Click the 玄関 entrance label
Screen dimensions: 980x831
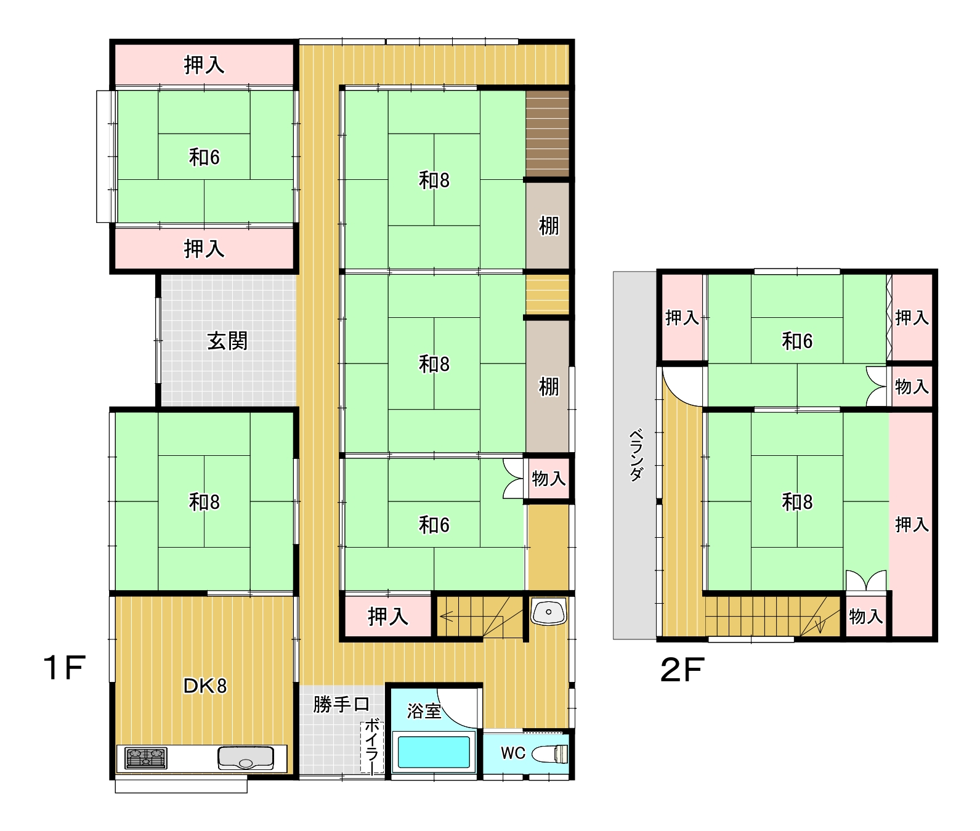pos(227,341)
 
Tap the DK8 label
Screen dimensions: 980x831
pos(205,686)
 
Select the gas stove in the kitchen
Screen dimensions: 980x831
pos(146,758)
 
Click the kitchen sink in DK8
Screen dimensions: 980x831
pos(246,758)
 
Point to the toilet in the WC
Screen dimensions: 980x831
pos(549,753)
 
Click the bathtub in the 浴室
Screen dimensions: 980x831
pos(434,752)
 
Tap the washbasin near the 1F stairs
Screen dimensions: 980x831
pos(548,612)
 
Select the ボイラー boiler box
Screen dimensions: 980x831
pos(373,747)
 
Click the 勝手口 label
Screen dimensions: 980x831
pos(341,704)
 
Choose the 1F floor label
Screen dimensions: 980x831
pos(64,668)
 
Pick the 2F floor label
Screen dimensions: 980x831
pos(682,670)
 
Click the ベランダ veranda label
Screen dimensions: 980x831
pos(636,455)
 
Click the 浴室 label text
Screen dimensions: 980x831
pos(424,711)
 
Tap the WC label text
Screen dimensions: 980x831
pos(512,753)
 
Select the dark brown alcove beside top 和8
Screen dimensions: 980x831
pos(548,134)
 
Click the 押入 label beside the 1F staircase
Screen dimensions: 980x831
pos(387,616)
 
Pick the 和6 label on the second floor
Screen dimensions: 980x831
pos(797,341)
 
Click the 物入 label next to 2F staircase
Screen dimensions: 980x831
pos(866,616)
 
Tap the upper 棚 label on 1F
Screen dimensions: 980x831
pos(549,226)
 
